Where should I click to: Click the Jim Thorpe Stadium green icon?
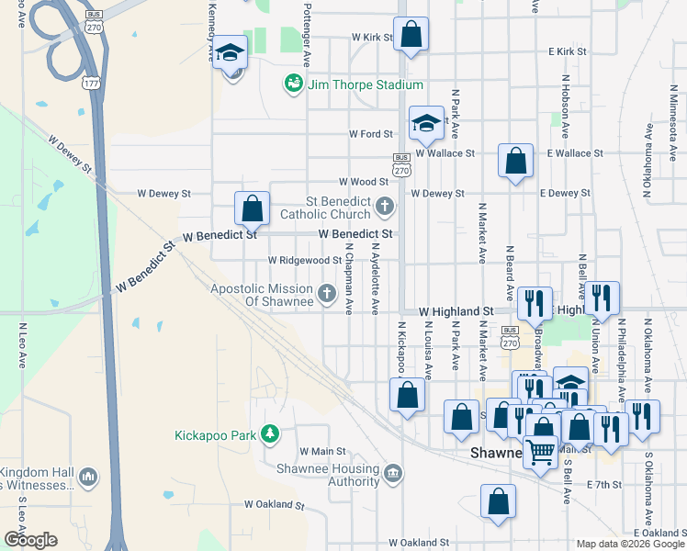(293, 84)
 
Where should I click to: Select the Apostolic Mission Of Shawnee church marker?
(326, 295)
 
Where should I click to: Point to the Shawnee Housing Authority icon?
(393, 473)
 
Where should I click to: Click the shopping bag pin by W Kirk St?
(412, 36)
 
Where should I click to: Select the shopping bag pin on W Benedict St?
(252, 208)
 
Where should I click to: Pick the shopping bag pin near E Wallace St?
(516, 160)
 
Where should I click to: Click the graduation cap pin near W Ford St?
(425, 124)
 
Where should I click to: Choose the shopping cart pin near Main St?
(541, 452)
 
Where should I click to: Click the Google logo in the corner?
(29, 539)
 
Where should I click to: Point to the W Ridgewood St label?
(304, 261)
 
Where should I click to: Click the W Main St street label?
(322, 452)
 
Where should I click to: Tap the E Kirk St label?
(567, 51)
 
